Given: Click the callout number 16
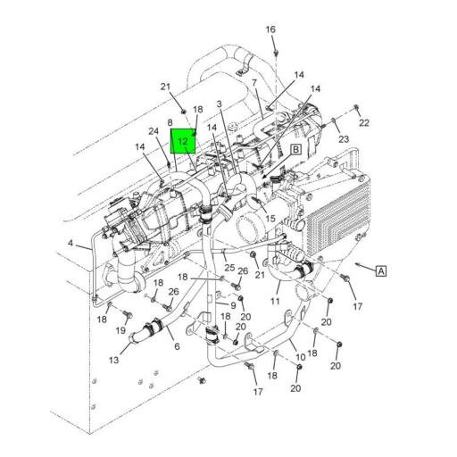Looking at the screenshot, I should (271, 30).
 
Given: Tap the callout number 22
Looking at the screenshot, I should (363, 122).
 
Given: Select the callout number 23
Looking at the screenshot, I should (344, 139).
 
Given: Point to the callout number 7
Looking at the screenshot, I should (254, 83).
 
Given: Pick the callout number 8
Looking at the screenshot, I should (170, 123).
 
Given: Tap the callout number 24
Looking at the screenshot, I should (154, 132).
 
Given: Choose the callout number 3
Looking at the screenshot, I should (220, 104).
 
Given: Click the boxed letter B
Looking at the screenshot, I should (295, 151).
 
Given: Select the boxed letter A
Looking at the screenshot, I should (381, 270).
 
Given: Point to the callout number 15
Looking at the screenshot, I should (269, 219).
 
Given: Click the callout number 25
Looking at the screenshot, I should (229, 267).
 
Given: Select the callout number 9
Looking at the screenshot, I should (233, 305).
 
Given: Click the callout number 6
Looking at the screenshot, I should (177, 346).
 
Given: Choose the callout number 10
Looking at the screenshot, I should (301, 357).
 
